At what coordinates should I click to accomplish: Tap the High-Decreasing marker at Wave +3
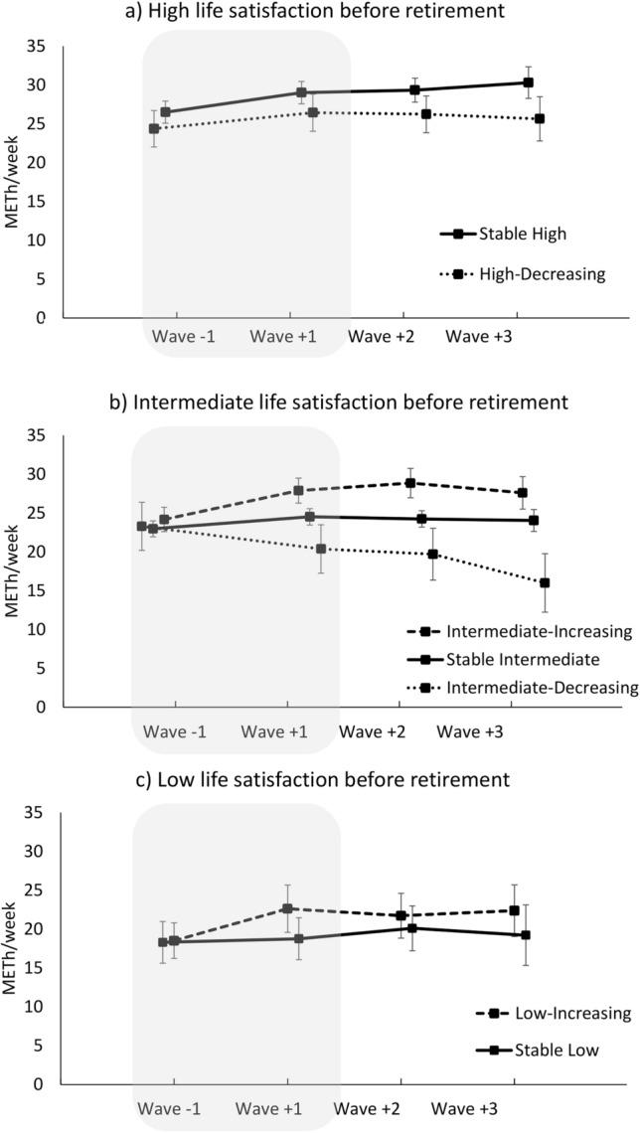(x=539, y=118)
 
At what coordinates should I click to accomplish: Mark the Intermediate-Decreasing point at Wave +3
(x=544, y=582)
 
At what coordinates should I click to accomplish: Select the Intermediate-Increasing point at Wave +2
(x=409, y=483)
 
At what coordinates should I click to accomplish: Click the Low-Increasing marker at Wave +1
(x=287, y=907)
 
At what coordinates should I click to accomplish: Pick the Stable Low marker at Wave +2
(x=412, y=928)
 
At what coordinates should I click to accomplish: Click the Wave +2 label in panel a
(x=382, y=336)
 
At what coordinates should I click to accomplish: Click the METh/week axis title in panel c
(x=13, y=947)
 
